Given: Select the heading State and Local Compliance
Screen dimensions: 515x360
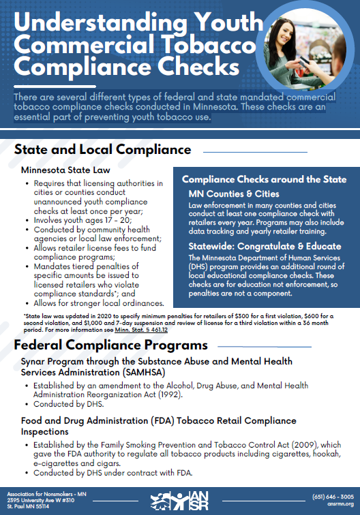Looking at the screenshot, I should pos(102,149).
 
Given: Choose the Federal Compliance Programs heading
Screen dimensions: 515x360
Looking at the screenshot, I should pos(111,345).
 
